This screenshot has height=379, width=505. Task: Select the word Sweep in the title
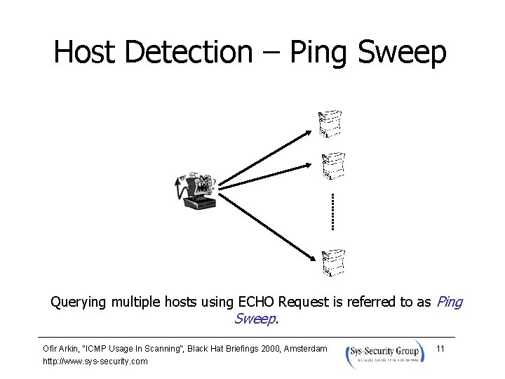(x=402, y=52)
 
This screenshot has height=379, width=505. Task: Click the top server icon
(x=330, y=122)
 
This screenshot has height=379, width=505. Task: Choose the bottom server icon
(x=333, y=262)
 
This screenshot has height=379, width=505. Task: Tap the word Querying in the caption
(x=77, y=302)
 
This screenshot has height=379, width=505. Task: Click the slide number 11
(x=440, y=348)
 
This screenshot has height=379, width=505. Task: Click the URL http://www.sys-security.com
(x=95, y=361)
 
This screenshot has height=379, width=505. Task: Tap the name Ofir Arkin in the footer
(x=61, y=349)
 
